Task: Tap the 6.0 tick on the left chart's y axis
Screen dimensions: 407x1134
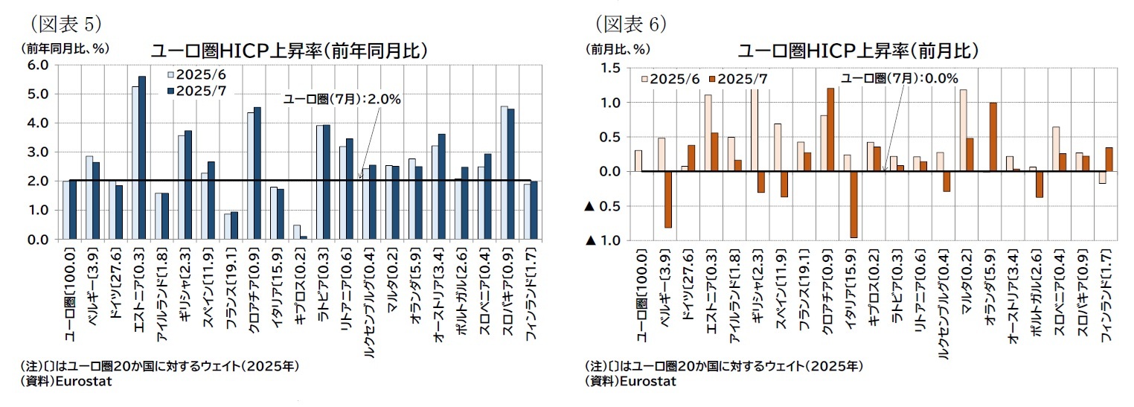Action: pos(38,65)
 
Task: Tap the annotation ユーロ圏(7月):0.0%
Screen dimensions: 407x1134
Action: pos(899,78)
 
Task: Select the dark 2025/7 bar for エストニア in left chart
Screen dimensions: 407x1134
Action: pos(142,158)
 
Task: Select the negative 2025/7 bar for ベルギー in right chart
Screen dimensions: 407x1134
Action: pos(667,199)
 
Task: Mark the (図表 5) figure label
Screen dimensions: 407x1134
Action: pos(65,24)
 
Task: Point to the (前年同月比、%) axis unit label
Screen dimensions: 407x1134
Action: pos(65,48)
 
